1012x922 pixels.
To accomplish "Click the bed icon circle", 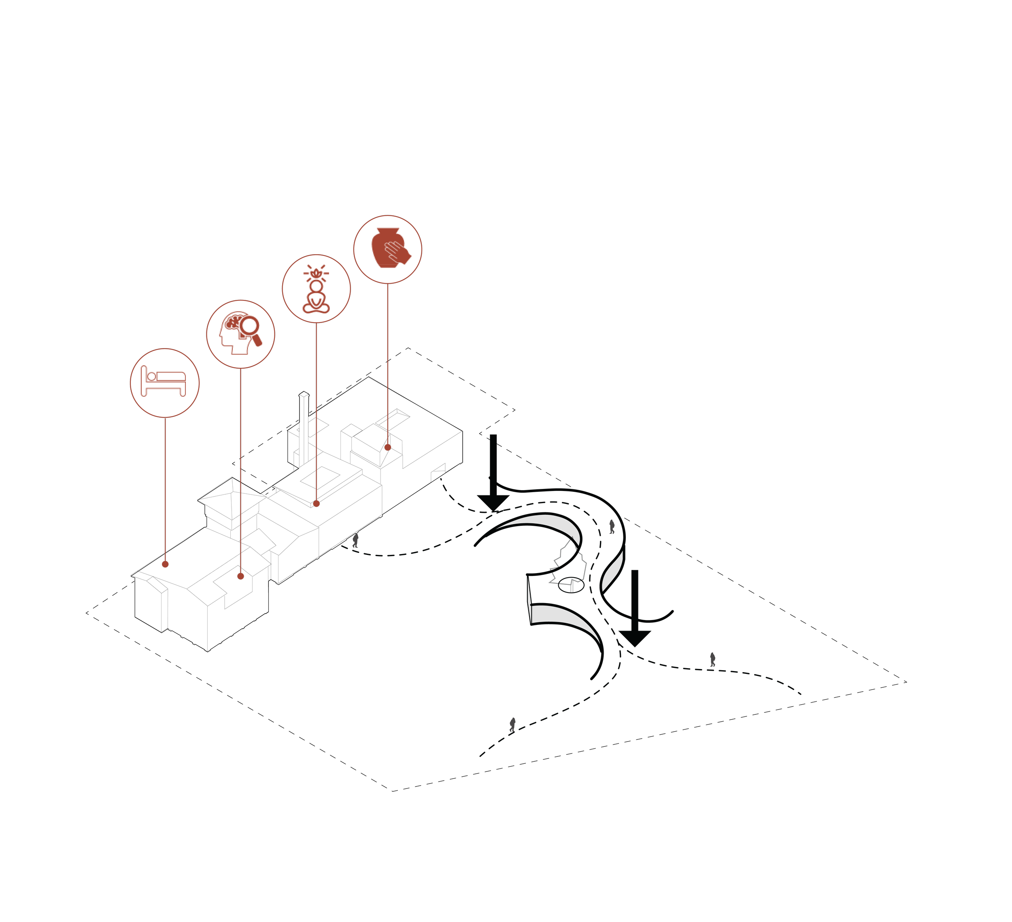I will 165,383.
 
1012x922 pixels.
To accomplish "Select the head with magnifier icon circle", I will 240,334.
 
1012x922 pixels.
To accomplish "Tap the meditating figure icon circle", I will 316,289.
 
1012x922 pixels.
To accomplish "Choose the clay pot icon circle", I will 387,249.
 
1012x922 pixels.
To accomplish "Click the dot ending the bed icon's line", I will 165,564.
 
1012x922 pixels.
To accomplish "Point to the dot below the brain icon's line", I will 240,576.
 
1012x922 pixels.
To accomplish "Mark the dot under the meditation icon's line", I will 316,503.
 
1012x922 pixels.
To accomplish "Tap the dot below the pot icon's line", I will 387,447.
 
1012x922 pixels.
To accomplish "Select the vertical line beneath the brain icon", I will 240,472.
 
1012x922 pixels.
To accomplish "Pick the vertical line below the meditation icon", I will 316,412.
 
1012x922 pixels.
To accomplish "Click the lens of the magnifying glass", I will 249,326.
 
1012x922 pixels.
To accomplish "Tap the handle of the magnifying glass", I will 257,340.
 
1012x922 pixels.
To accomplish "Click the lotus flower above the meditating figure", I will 316,274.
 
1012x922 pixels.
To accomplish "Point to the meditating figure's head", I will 316,286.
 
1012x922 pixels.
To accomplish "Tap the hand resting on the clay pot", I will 398,252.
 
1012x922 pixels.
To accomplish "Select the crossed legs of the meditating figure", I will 316,308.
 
